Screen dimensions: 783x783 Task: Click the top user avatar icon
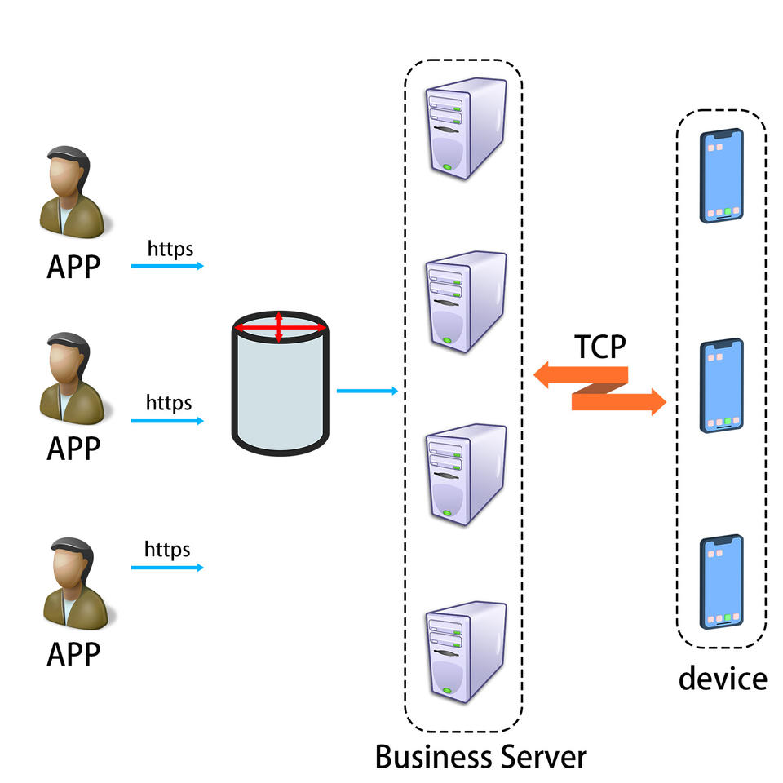72,189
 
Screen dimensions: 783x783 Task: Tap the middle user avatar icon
72,376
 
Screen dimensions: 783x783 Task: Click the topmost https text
170,247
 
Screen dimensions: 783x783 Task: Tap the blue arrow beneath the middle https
166,421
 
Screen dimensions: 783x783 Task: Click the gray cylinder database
281,383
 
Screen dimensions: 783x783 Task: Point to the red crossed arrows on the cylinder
280,328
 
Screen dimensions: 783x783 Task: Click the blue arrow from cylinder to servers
367,391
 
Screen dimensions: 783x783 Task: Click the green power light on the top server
447,167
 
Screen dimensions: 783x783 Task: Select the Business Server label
480,755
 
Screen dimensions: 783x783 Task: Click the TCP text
600,347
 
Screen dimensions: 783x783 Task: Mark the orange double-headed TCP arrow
599,390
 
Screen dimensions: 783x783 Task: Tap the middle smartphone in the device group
723,386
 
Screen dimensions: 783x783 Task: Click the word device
723,678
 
